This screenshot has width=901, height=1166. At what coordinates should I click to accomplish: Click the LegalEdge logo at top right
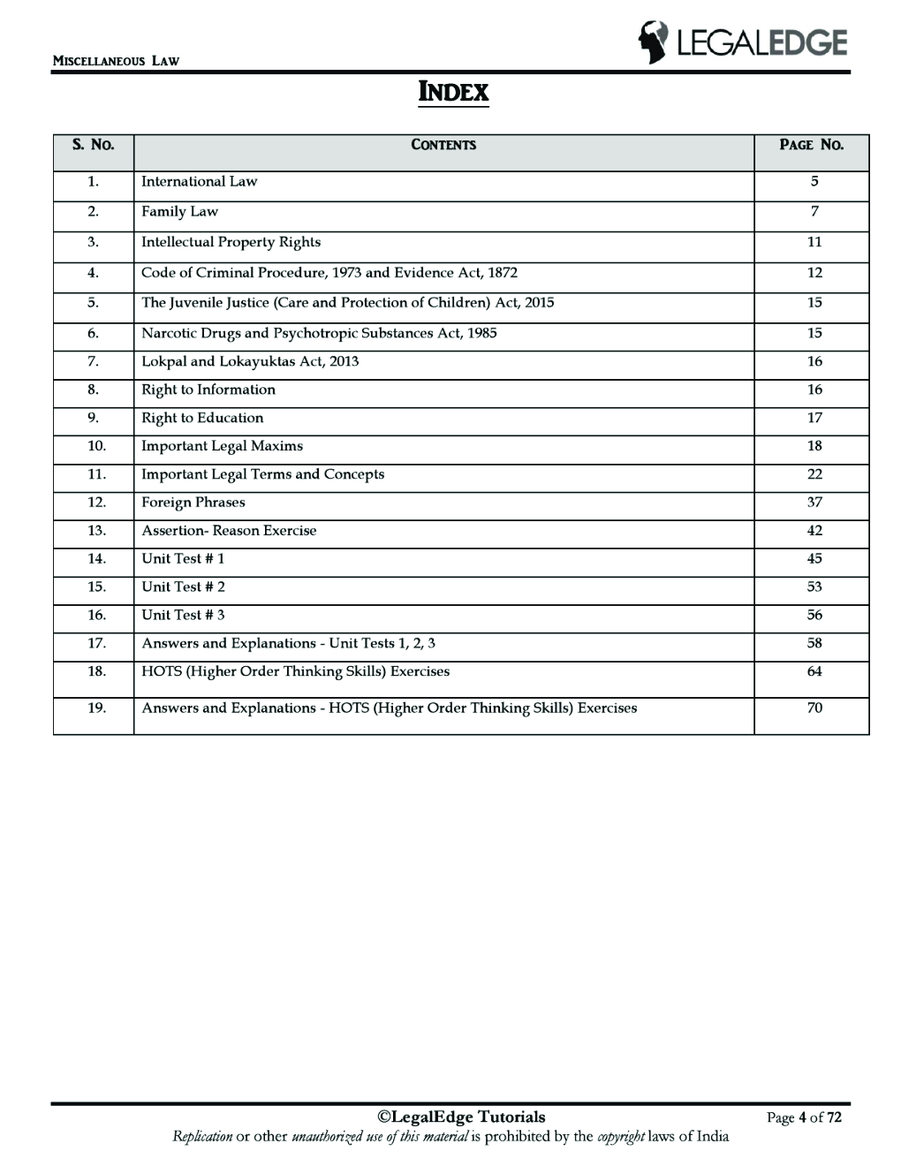coord(742,42)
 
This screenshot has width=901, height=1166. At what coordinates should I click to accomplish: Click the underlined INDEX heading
coord(452,92)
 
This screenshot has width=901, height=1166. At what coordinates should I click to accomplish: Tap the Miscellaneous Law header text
coord(116,61)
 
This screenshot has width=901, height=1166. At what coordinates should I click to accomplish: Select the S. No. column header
coord(93,145)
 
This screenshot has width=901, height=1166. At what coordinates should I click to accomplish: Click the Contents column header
coord(443,145)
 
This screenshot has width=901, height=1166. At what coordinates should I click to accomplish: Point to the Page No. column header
coord(811,145)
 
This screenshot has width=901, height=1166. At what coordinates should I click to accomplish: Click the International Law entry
coord(199,182)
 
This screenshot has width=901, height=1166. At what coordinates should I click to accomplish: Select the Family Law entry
coord(179,212)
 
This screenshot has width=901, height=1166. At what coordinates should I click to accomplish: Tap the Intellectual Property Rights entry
coord(231,242)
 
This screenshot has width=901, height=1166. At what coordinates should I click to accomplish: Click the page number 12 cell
coord(814,273)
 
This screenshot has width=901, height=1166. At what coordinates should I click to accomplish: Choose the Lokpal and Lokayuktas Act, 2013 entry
coord(250,361)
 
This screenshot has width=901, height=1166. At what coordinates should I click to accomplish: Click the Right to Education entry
coord(202,418)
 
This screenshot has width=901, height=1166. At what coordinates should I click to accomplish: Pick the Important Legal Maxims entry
coord(222,446)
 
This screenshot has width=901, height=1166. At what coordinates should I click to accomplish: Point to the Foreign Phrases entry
coord(193,503)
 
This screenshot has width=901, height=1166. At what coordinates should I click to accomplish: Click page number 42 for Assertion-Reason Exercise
coord(814,531)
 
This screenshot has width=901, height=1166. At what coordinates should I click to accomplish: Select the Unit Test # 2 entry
coord(183,587)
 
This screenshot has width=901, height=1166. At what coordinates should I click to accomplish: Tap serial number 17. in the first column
coord(96,644)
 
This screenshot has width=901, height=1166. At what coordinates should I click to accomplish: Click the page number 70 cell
coord(814,708)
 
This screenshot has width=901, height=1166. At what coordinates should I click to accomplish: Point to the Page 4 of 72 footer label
coord(804,1118)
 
